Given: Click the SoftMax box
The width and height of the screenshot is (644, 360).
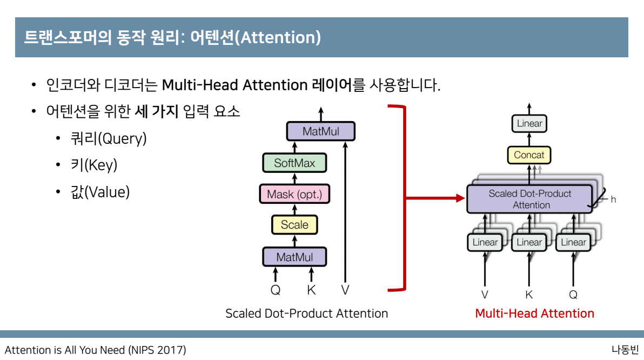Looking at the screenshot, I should point(294,163).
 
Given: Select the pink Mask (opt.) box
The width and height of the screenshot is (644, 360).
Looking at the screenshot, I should point(294,194).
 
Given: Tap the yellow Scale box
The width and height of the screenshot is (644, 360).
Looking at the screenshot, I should point(294,225).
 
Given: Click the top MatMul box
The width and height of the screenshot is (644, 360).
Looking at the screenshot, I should point(321,131).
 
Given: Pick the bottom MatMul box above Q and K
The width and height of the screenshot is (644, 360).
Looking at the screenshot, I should point(294,257).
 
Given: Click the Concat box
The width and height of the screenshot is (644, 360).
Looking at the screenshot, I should point(529,155).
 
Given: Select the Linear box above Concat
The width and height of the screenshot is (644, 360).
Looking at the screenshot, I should point(529,123).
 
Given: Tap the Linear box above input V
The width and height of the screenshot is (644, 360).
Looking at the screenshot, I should point(485,242).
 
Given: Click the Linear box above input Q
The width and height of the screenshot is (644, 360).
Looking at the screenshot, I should point(573,242).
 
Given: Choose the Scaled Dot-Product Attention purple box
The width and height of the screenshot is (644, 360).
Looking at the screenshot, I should point(529,199).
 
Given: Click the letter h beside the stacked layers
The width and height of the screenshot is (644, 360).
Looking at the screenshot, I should point(613,199).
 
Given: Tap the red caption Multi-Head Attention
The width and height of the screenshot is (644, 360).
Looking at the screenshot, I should point(534,314).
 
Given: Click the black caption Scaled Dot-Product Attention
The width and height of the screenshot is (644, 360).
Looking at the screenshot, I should point(306,314).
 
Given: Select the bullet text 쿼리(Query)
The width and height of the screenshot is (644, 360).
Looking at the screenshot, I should point(109,139).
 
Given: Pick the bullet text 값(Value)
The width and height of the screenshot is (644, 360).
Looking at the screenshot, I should point(100,192).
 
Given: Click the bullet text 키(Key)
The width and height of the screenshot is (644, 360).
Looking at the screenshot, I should point(93,165).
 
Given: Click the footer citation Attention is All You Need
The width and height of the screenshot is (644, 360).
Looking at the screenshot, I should point(96,350).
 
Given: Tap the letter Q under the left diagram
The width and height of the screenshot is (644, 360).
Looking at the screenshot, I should point(276,290).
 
